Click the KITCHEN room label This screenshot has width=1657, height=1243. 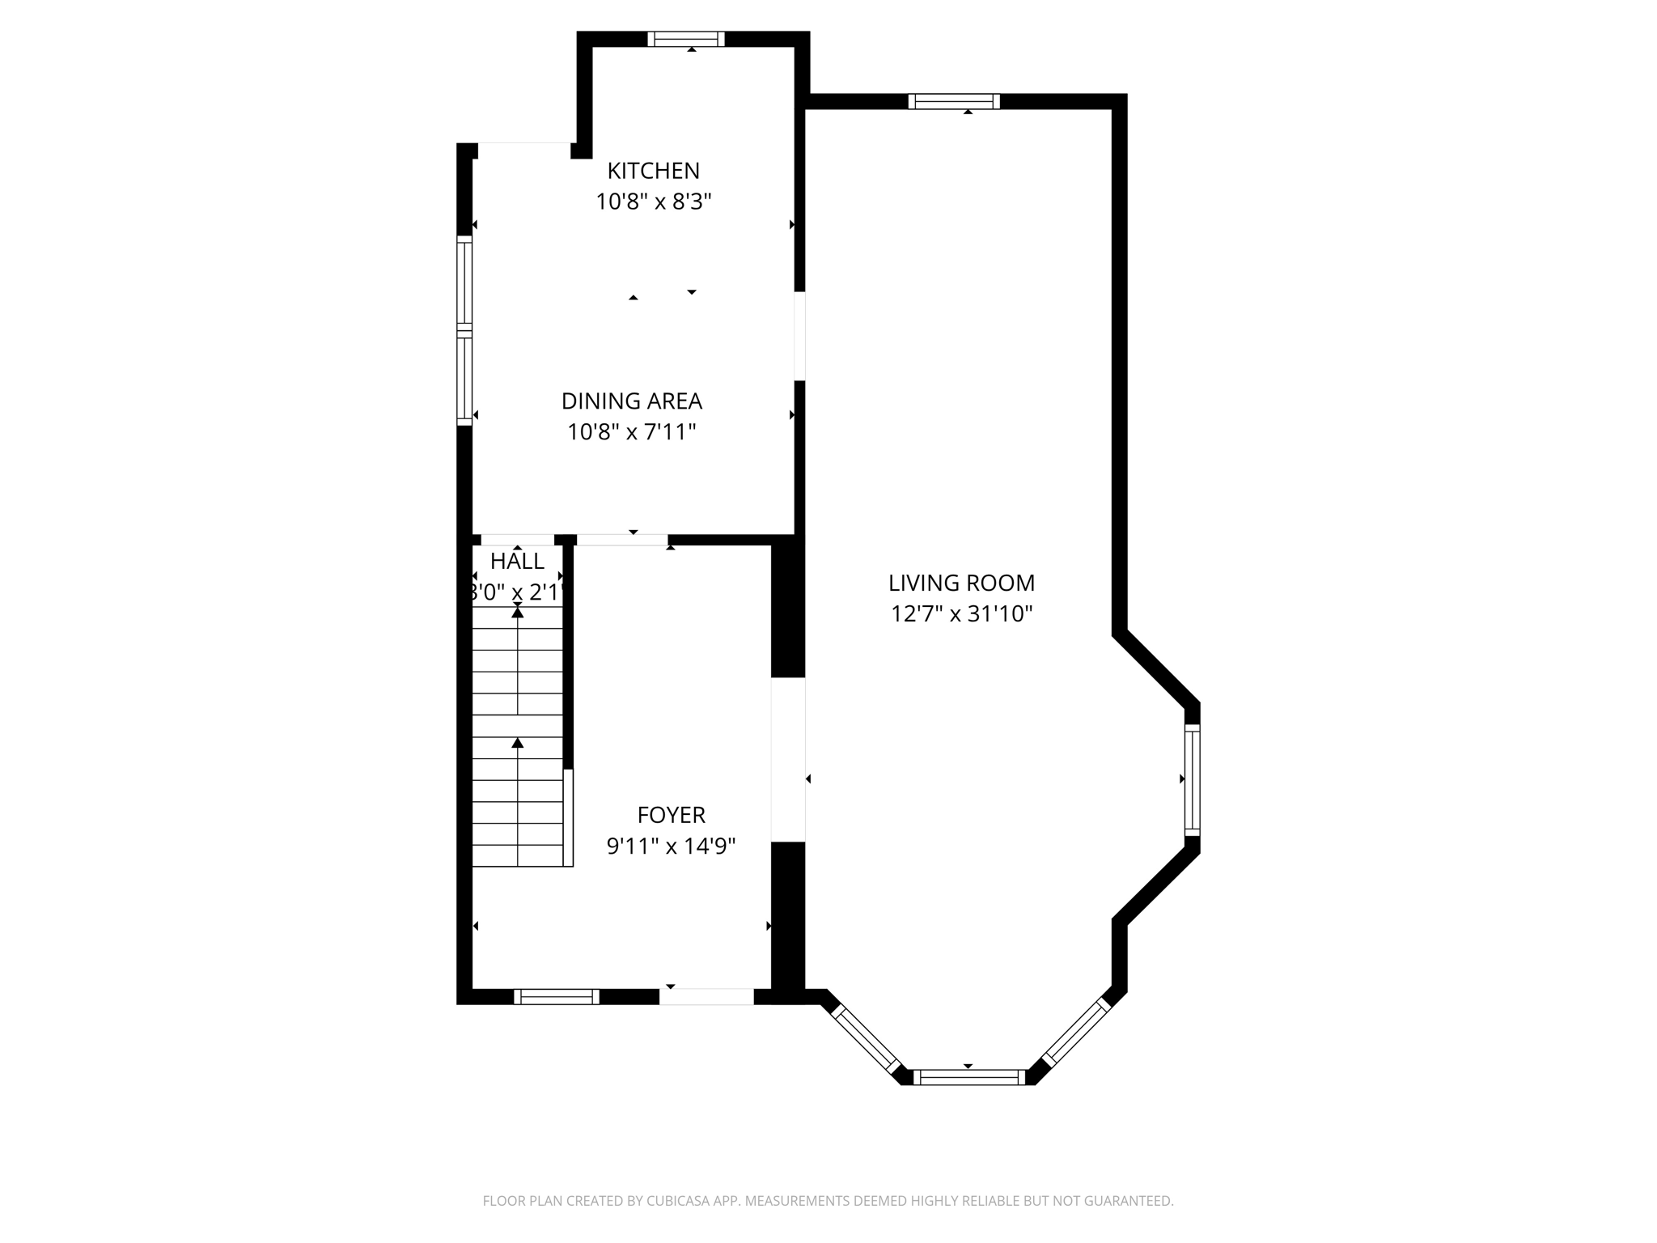point(653,171)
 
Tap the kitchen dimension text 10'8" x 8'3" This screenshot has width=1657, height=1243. point(653,202)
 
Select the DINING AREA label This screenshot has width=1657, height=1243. point(631,401)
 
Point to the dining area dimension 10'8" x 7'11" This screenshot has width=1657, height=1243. point(631,432)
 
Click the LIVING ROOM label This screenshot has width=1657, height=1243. point(961,583)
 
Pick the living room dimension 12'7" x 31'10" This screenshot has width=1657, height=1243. point(961,614)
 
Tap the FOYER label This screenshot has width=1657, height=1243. point(671,815)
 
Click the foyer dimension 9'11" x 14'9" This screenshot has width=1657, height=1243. point(671,846)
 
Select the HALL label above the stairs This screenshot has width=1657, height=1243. point(517,561)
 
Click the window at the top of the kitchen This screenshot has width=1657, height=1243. point(685,39)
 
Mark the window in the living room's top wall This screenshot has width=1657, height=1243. point(954,101)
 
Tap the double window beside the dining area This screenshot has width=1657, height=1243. point(464,330)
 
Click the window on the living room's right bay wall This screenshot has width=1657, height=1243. point(1192,779)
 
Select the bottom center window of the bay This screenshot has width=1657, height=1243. point(968,1077)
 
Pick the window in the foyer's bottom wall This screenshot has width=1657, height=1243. point(557,997)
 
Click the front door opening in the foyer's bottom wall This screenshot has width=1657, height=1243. point(706,997)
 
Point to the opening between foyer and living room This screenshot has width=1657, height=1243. point(787,759)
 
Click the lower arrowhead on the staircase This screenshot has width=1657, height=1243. point(518,743)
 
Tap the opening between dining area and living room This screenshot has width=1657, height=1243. point(799,336)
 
